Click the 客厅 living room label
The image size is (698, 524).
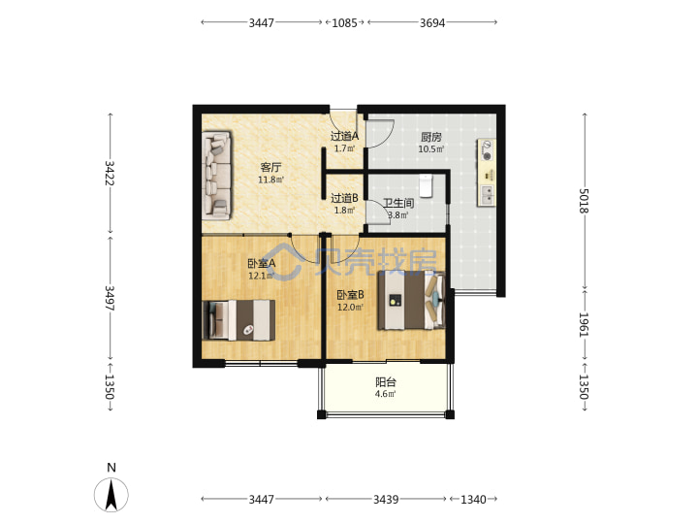pyautogui.click(x=270, y=168)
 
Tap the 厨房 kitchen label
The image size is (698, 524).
pyautogui.click(x=430, y=137)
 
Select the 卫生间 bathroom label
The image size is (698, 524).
pyautogui.click(x=398, y=203)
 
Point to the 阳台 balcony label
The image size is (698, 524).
pyautogui.click(x=386, y=382)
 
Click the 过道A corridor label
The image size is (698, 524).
pyautogui.click(x=344, y=136)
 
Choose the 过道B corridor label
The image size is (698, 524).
pyautogui.click(x=344, y=198)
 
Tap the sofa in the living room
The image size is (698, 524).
pyautogui.click(x=217, y=175)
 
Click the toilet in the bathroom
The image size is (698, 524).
pyautogui.click(x=426, y=185)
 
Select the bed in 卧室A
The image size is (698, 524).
pyautogui.click(x=238, y=320)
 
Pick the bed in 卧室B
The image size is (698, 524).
pyautogui.click(x=411, y=300)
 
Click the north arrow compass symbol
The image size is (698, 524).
pyautogui.click(x=111, y=495)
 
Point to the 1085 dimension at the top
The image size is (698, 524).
pyautogui.click(x=344, y=22)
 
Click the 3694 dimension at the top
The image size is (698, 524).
pyautogui.click(x=432, y=22)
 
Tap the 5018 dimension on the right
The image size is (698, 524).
pyautogui.click(x=584, y=202)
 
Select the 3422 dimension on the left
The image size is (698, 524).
pyautogui.click(x=110, y=173)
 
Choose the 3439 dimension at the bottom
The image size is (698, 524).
pyautogui.click(x=386, y=499)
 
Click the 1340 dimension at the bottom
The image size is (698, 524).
pyautogui.click(x=473, y=499)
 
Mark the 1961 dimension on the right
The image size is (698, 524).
pyautogui.click(x=584, y=324)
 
